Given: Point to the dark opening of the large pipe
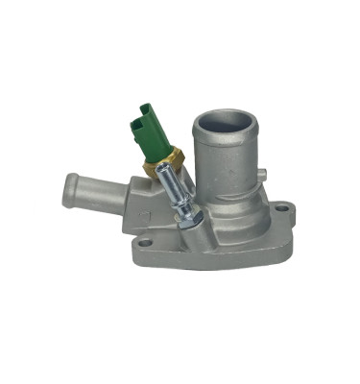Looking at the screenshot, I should click(225, 123).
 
